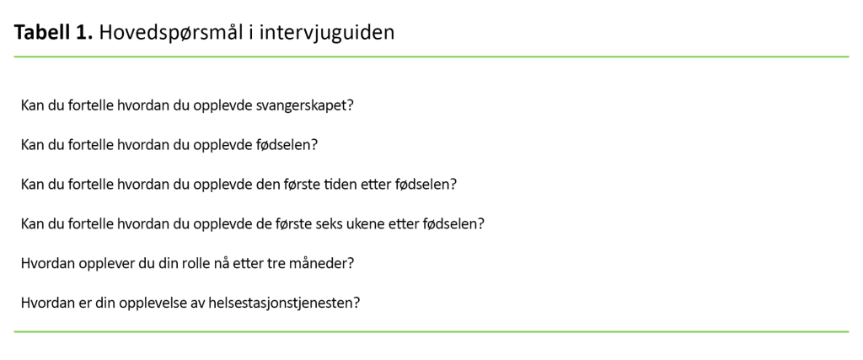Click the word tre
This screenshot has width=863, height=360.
pos(270,263)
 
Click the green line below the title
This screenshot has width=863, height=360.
pos(431,56)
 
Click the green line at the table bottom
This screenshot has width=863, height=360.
pos(431,332)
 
